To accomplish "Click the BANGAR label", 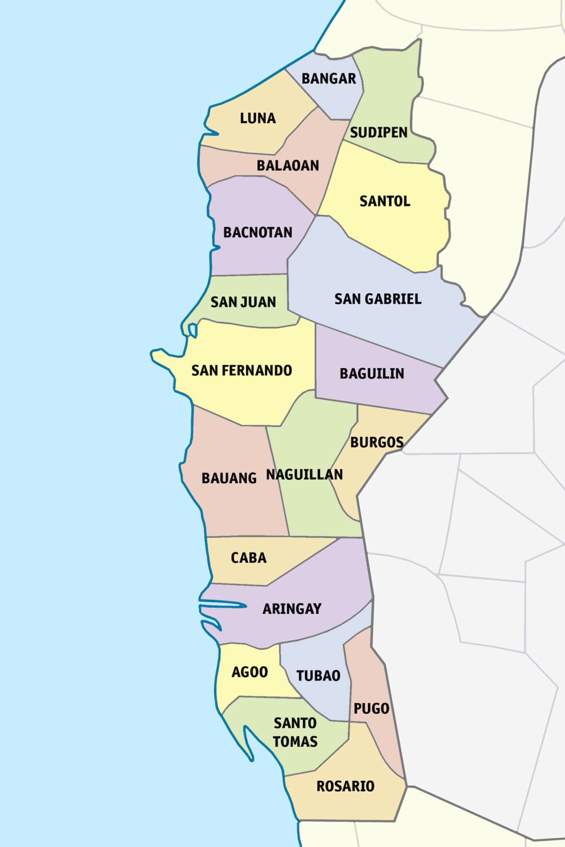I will click(x=329, y=78).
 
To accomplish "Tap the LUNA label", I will click(x=258, y=118).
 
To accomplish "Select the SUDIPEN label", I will click(x=379, y=132).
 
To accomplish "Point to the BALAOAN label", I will click(x=288, y=165).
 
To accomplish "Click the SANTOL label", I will click(x=385, y=201).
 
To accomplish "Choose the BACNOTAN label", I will click(x=258, y=232).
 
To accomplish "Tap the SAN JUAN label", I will click(x=243, y=302).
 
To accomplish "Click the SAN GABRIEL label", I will click(x=378, y=299).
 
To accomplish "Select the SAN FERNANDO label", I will click(x=242, y=370).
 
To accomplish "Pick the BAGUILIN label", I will click(x=372, y=373).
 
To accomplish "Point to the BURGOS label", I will click(x=377, y=442).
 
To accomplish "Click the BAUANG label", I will click(x=229, y=478).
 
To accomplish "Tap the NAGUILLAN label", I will click(x=305, y=474).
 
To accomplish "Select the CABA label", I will click(x=248, y=557).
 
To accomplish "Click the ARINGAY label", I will click(x=292, y=609).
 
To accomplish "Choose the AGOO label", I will click(x=249, y=672).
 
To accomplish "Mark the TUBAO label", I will click(x=318, y=676).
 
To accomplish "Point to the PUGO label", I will click(x=371, y=709).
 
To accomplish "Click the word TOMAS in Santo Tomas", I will click(x=295, y=742).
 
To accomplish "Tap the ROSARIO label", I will click(x=345, y=786).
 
